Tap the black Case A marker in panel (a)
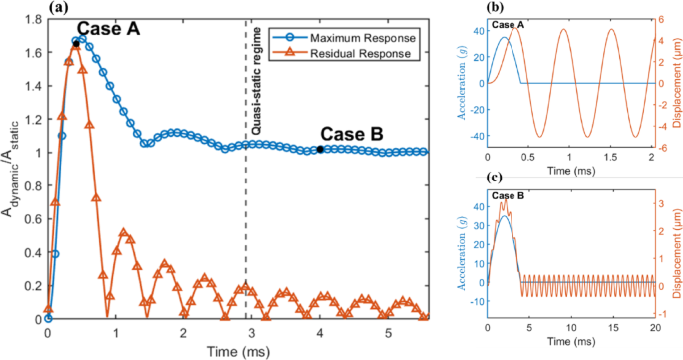pos(76,44)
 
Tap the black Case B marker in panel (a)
pos(319,149)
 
